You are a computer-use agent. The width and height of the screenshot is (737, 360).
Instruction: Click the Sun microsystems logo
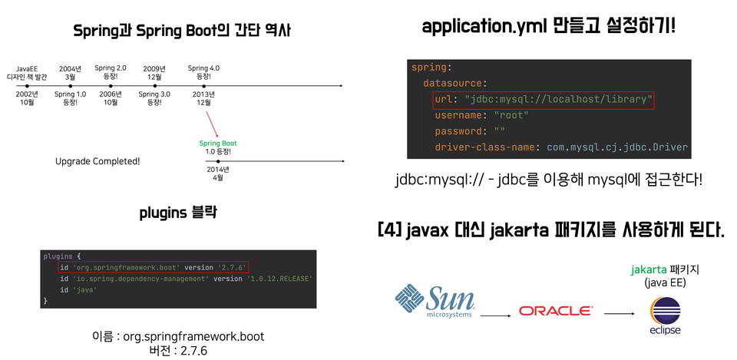click(435, 302)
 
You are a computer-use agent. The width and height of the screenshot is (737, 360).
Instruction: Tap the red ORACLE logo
click(555, 311)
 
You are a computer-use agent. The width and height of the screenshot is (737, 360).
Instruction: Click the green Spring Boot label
click(218, 144)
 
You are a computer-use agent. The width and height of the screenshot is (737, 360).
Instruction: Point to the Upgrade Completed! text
click(97, 161)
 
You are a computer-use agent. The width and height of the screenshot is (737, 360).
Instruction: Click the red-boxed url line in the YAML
click(544, 100)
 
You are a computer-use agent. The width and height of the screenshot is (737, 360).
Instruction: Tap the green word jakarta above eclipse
click(646, 269)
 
